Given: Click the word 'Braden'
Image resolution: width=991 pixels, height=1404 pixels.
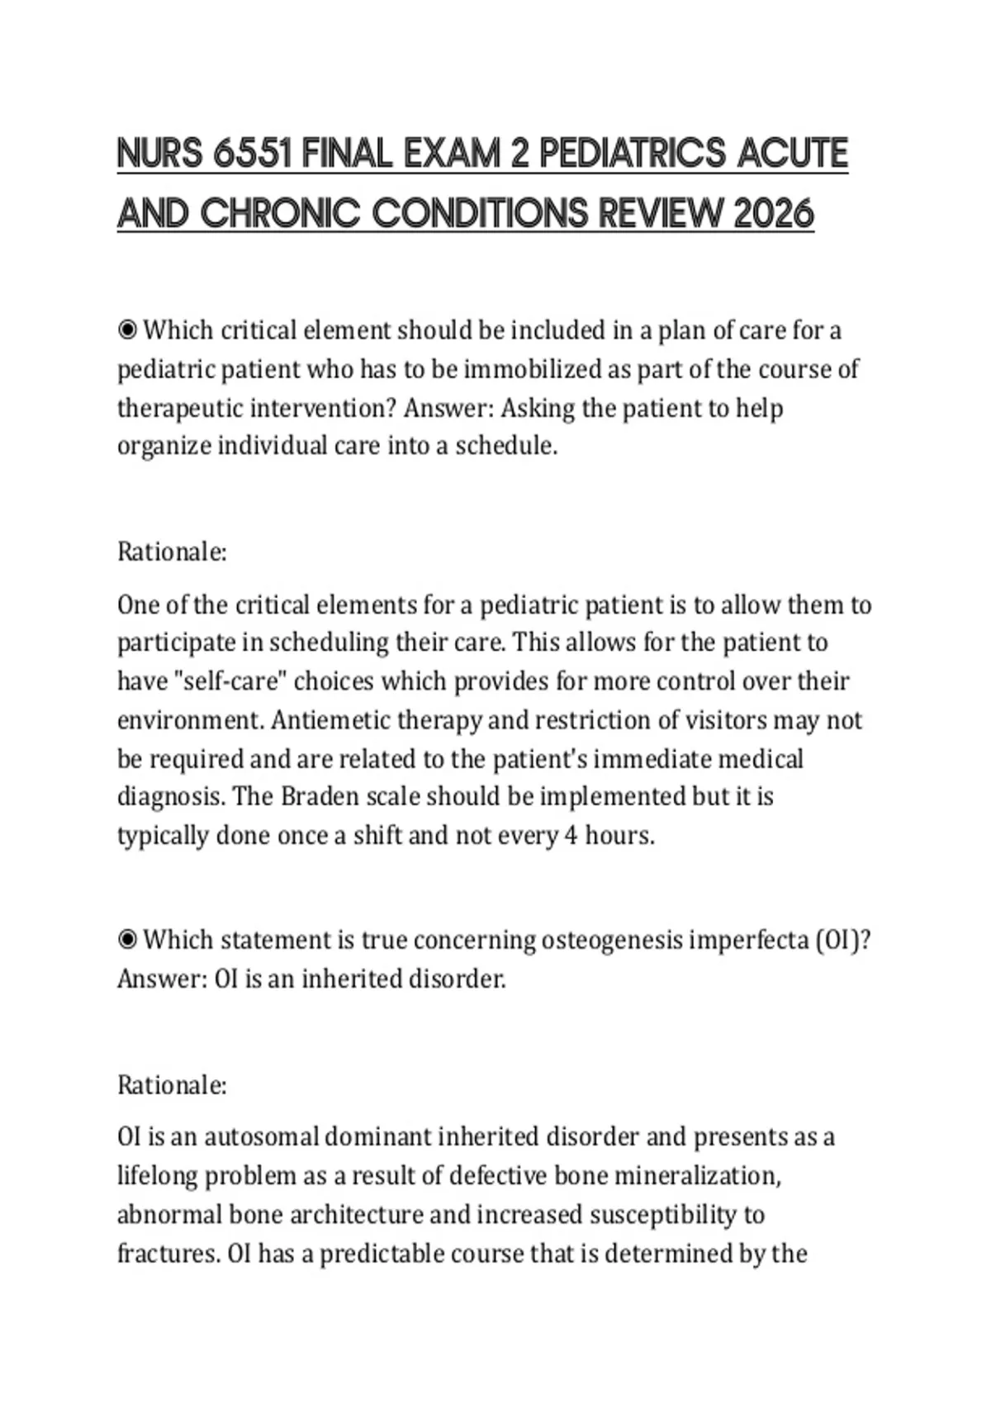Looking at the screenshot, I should click(318, 797).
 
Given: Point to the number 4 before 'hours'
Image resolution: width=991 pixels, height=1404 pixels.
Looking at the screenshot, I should click(571, 836).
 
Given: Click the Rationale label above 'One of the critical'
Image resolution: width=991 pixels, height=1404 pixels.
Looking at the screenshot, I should click(172, 552).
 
